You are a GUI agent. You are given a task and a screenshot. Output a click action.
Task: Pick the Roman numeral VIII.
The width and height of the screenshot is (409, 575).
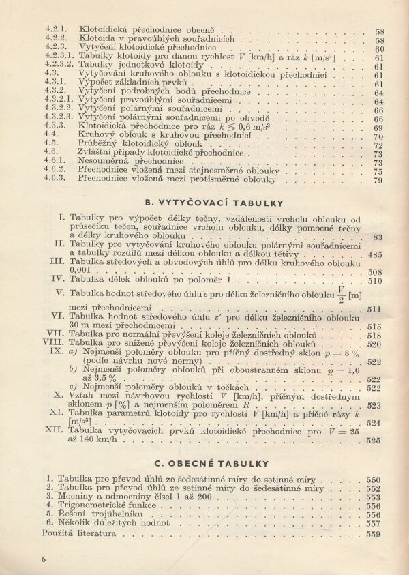53,344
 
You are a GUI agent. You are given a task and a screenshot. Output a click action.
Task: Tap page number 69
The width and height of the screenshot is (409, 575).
378,128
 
